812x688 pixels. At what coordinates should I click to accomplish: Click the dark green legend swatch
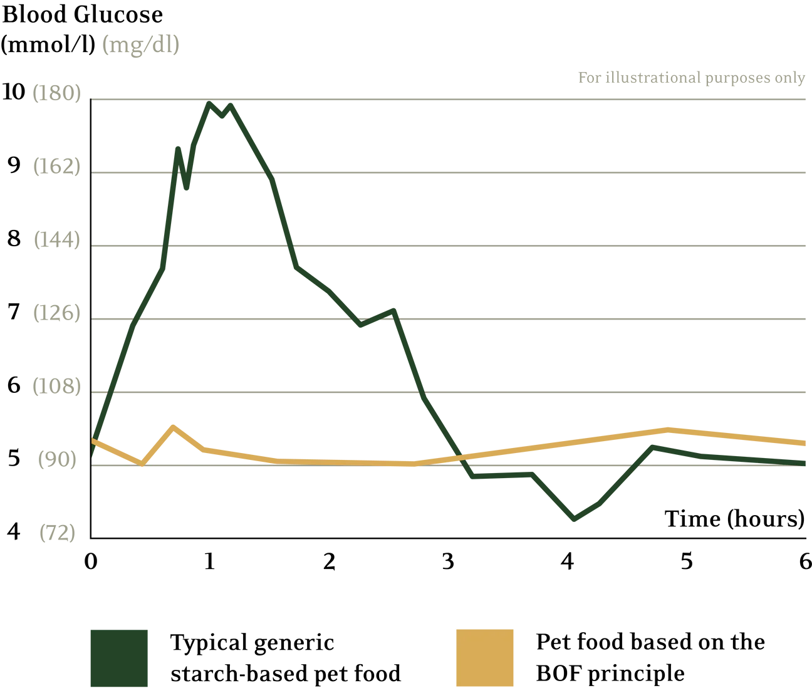pyautogui.click(x=118, y=657)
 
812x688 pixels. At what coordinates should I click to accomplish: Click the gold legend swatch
pyautogui.click(x=484, y=657)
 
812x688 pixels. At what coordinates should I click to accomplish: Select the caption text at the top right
pyautogui.click(x=690, y=78)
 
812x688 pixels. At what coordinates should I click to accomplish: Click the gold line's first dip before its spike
pyautogui.click(x=141, y=464)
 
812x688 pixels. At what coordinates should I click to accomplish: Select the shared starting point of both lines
pyautogui.click(x=93, y=439)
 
